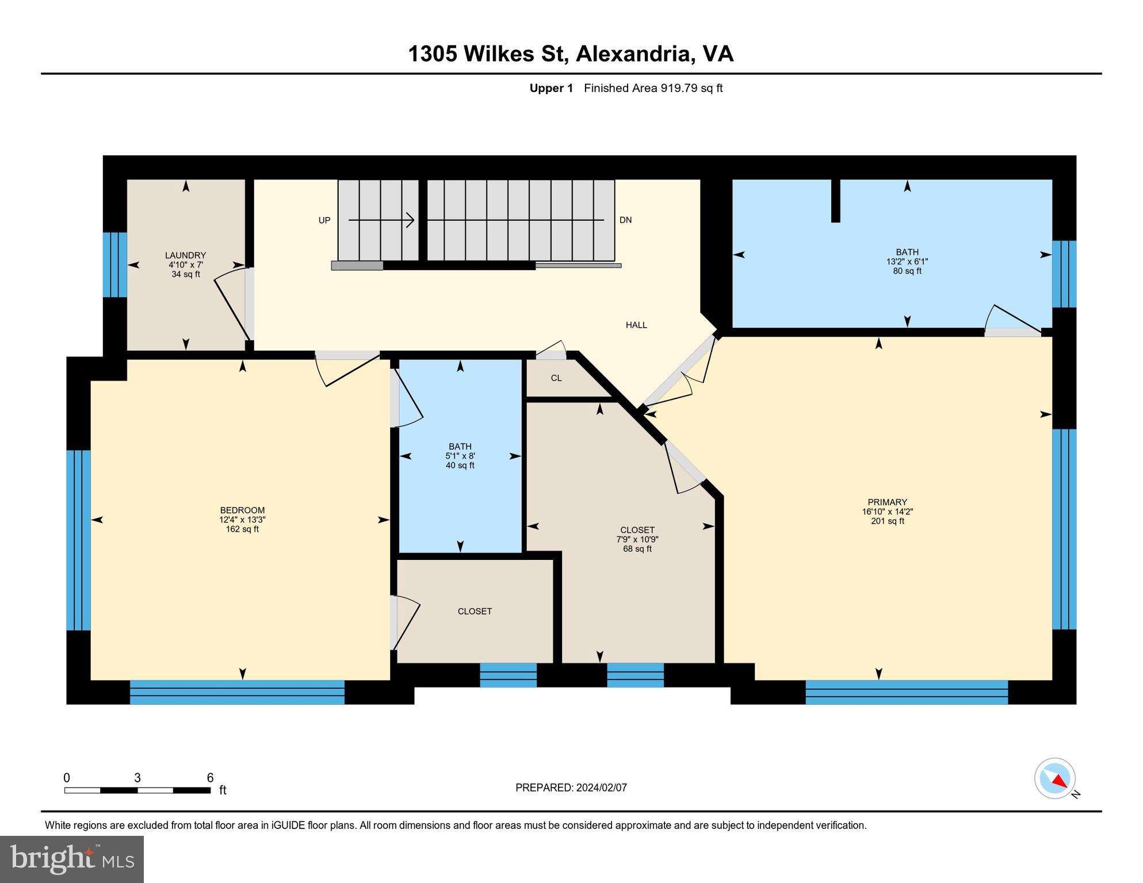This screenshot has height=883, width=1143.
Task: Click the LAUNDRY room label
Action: click(185, 255)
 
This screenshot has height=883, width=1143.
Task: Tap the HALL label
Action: click(636, 325)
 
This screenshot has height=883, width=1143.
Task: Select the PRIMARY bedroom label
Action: click(888, 502)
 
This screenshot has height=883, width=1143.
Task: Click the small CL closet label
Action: click(556, 378)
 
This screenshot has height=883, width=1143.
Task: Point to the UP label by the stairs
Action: click(324, 220)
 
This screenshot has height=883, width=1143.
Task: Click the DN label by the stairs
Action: click(625, 220)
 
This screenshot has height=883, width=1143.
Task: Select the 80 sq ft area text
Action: click(907, 271)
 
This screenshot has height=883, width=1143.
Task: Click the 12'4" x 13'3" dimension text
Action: click(242, 520)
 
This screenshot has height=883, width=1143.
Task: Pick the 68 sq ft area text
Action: click(637, 549)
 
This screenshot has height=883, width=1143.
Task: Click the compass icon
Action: click(1056, 778)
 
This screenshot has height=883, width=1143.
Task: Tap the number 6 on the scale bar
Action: click(211, 778)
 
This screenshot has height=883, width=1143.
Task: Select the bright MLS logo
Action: click(72, 859)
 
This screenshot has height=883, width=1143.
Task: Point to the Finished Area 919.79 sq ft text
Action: click(653, 88)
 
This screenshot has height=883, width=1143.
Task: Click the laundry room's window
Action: click(115, 264)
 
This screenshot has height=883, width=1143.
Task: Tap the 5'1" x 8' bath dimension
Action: click(460, 456)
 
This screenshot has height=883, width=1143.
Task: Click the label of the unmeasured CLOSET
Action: click(475, 612)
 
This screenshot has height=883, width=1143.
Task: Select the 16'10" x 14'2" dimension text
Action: click(888, 512)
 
